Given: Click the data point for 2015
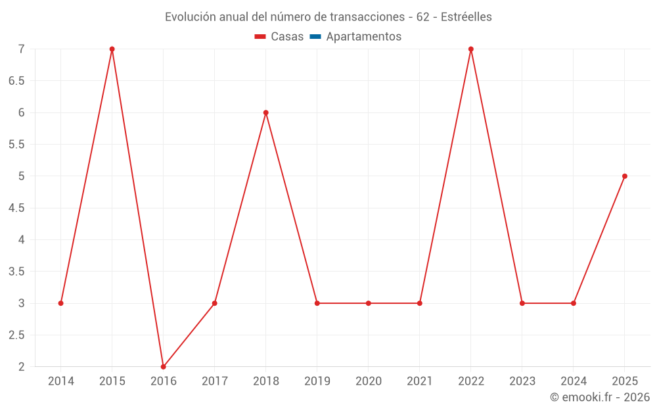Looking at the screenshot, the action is click(112, 49).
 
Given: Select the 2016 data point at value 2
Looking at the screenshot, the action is click(164, 366).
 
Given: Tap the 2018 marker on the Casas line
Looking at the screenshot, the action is click(265, 112).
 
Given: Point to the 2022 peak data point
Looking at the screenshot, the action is click(471, 49).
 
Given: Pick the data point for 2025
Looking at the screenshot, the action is click(625, 176).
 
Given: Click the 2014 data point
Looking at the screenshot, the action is click(60, 303).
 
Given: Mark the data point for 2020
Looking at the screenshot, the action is click(369, 303).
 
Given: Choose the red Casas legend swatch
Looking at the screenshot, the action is click(260, 37).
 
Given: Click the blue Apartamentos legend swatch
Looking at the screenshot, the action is click(315, 37).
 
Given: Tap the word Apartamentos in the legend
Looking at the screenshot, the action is click(364, 36).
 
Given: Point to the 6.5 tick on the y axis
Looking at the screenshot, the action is click(16, 80).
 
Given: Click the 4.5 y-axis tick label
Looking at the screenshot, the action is click(16, 208).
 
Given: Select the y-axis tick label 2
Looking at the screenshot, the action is click(22, 366).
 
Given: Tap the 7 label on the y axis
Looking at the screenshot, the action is click(22, 49).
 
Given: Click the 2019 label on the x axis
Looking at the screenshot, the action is click(317, 381).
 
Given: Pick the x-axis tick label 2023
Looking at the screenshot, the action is click(522, 381).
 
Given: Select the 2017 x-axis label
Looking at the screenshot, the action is click(215, 381).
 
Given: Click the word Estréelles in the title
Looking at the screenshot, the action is click(466, 17).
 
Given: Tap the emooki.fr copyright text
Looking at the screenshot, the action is click(600, 397).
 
